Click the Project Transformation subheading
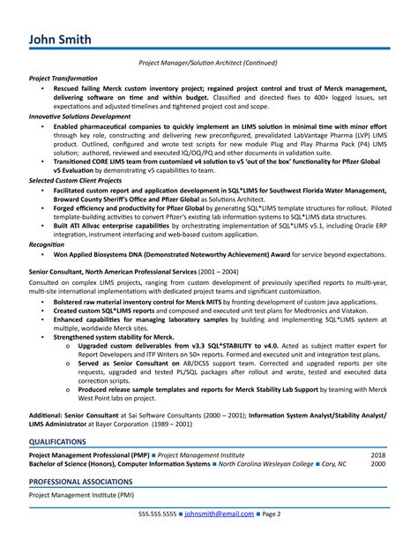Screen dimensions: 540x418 (x=63, y=78)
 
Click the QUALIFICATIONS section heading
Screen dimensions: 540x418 (x=58, y=440)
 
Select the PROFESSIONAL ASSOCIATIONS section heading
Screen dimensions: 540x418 (x=81, y=482)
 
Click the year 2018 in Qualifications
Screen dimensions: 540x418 (x=377, y=454)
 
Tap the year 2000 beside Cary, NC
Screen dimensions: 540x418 (x=377, y=464)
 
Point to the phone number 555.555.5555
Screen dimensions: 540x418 (x=157, y=513)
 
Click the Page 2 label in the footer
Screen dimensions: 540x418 (x=271, y=513)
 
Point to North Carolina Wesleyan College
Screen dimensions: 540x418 (x=265, y=464)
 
